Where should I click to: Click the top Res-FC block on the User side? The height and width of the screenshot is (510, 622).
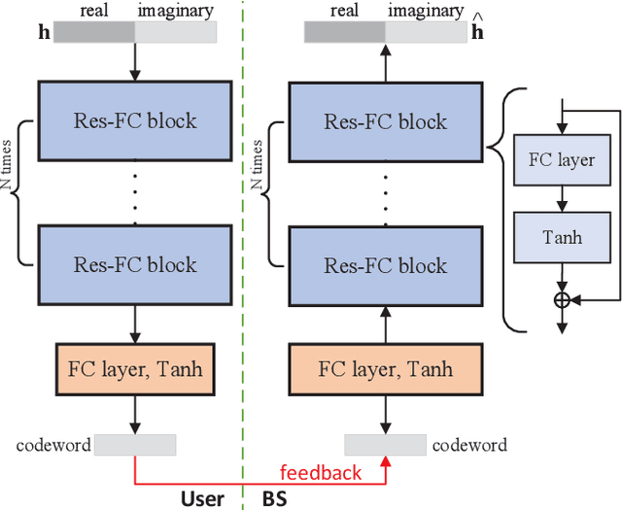pyautogui.click(x=134, y=120)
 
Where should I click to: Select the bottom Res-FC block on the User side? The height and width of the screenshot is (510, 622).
pyautogui.click(x=134, y=264)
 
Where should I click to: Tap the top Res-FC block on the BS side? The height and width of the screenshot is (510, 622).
pyautogui.click(x=386, y=120)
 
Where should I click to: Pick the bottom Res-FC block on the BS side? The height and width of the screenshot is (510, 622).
pyautogui.click(x=386, y=264)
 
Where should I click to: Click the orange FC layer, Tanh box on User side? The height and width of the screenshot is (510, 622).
pyautogui.click(x=134, y=369)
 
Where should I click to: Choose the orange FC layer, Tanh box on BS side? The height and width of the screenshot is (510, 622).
pyautogui.click(x=386, y=369)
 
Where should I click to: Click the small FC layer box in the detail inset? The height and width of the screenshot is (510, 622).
pyautogui.click(x=561, y=160)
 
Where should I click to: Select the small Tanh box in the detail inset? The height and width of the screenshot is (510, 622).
pyautogui.click(x=561, y=237)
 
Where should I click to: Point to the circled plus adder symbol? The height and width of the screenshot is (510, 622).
pyautogui.click(x=561, y=300)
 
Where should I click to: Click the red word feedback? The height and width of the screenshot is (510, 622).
pyautogui.click(x=320, y=473)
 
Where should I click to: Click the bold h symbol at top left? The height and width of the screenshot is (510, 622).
pyautogui.click(x=42, y=32)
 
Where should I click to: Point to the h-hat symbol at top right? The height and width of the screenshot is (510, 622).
pyautogui.click(x=477, y=29)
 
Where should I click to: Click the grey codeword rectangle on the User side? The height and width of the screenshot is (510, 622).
pyautogui.click(x=134, y=445)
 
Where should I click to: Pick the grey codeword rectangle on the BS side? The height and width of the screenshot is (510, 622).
pyautogui.click(x=386, y=445)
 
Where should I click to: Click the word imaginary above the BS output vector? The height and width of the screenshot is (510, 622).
pyautogui.click(x=427, y=11)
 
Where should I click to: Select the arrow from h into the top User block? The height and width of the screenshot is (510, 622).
pyautogui.click(x=134, y=62)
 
